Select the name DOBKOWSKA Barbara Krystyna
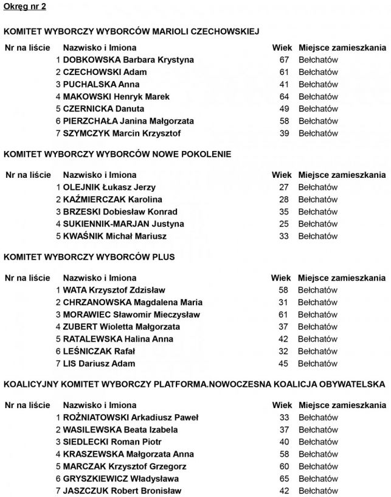click(x=128, y=60)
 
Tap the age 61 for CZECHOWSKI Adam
click(x=284, y=72)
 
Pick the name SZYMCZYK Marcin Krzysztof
click(x=122, y=133)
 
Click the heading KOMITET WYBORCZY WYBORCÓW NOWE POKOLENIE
click(x=117, y=154)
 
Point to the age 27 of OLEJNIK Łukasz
click(x=284, y=187)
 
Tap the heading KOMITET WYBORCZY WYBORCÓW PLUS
click(x=89, y=257)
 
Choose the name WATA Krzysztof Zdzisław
click(x=114, y=290)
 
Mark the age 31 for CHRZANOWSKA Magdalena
click(x=283, y=302)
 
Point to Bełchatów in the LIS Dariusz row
click(x=317, y=363)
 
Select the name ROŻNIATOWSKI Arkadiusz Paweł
click(x=130, y=417)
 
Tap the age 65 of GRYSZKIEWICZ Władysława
click(x=284, y=478)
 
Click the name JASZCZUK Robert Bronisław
click(x=122, y=490)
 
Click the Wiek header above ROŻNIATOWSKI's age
click(x=282, y=405)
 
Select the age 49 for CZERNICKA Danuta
click(x=284, y=108)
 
